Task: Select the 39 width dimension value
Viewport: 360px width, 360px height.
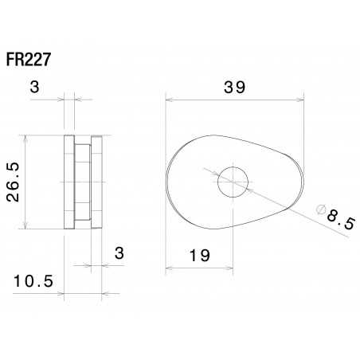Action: tap(234, 88)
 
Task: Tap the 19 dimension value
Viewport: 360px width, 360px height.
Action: tap(200, 256)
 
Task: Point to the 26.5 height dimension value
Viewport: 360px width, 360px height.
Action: tap(14, 182)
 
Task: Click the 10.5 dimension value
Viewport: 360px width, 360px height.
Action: tap(33, 280)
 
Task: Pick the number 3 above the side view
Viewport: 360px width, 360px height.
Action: tap(33, 87)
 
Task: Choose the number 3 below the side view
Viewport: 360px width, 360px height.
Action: tap(119, 254)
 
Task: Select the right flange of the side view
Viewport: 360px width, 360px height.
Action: tap(96, 182)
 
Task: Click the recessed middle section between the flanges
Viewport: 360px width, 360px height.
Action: tap(82, 182)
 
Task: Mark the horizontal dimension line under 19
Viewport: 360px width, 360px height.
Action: tap(199, 268)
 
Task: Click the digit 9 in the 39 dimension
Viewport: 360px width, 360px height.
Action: tap(241, 88)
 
